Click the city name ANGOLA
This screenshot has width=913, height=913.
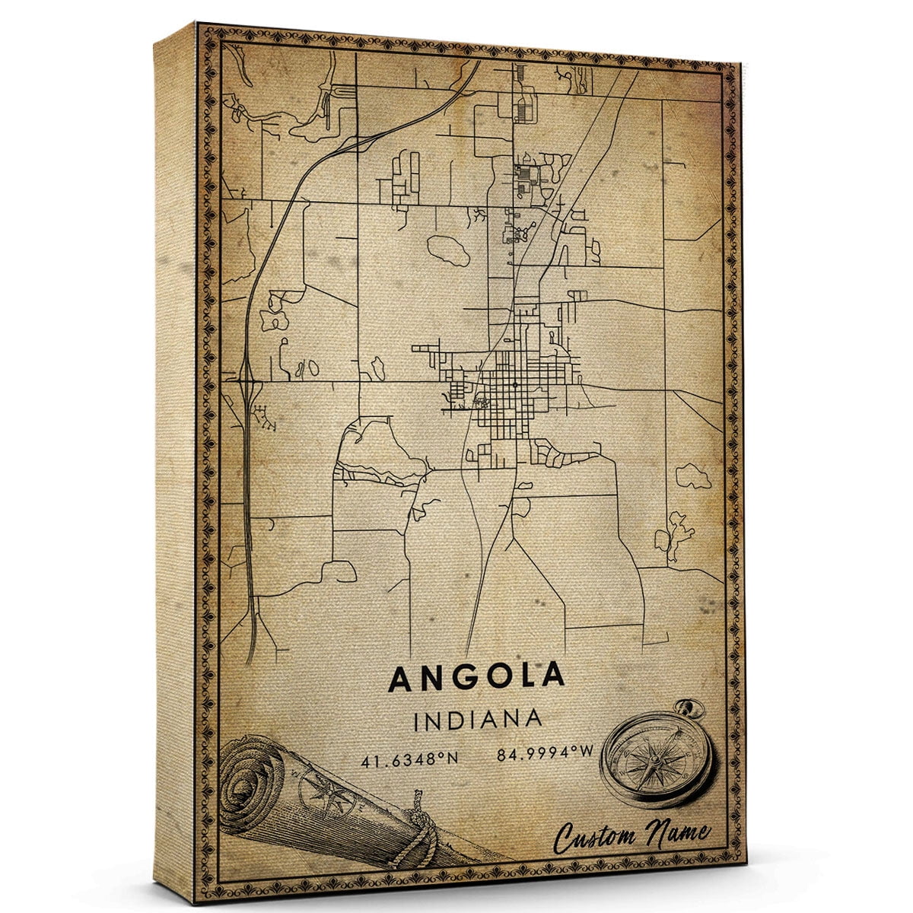(477, 676)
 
